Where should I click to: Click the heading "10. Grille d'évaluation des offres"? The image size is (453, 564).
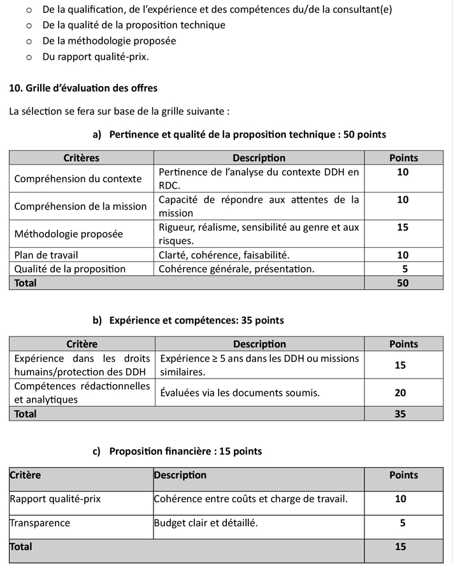[x=83, y=88]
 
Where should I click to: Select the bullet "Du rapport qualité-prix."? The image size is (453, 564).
[x=96, y=57]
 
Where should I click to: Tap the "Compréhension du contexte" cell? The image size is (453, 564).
[x=78, y=178]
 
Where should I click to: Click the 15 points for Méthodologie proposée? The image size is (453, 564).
[x=403, y=227]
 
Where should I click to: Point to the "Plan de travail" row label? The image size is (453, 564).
[x=46, y=255]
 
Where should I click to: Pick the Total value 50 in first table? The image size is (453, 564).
[x=403, y=283]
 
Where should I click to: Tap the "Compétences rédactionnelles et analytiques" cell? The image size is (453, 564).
[x=82, y=393]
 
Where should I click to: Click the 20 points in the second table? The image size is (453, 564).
[x=400, y=393]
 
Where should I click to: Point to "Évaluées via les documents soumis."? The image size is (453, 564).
[x=240, y=393]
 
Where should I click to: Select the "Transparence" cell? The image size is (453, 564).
[x=40, y=523]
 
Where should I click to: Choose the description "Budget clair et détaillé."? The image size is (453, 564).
[x=206, y=523]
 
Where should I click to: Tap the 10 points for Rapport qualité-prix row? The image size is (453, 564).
[x=400, y=498]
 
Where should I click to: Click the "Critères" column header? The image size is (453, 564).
[x=82, y=158]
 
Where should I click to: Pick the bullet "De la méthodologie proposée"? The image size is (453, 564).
[x=109, y=41]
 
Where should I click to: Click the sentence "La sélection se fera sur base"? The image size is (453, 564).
[x=119, y=111]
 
